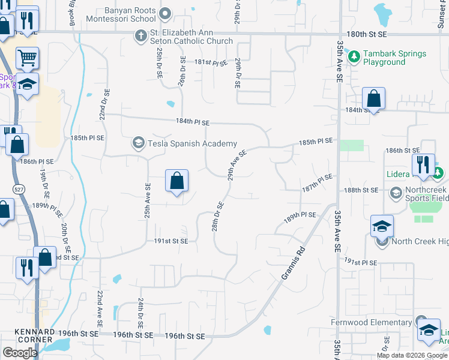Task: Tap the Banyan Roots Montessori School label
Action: point(122,15)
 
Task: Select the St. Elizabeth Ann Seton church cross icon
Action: point(140,35)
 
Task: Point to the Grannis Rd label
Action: point(293,263)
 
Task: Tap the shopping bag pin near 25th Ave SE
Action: point(176,181)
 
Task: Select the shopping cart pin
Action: point(27,59)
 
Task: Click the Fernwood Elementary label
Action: point(371,323)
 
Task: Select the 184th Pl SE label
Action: point(193,122)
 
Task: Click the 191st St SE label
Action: point(172,241)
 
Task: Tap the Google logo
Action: point(20,353)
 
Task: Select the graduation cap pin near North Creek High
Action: point(382,227)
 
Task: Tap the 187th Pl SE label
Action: point(317,183)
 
